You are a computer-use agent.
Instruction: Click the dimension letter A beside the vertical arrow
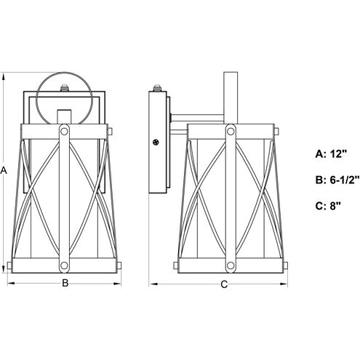(x=4, y=170)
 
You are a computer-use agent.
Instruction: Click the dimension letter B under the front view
(x=65, y=283)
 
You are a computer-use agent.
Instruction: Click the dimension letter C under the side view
(x=224, y=284)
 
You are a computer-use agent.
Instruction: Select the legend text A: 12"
(x=332, y=154)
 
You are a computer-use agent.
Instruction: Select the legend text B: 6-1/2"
(x=337, y=180)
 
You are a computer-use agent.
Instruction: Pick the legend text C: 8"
(x=328, y=206)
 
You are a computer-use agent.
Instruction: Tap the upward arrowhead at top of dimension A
(x=4, y=78)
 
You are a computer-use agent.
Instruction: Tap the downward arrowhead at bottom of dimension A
(x=4, y=268)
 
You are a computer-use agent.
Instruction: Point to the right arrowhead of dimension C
(x=283, y=284)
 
